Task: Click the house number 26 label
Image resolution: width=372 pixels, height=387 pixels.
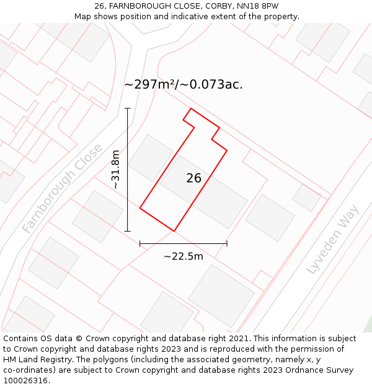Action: pos(193,178)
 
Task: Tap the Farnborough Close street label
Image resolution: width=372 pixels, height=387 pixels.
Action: pos(62,189)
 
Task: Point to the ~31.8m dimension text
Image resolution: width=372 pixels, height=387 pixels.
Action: pos(116,169)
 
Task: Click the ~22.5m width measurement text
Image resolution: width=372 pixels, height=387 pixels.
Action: pos(183,256)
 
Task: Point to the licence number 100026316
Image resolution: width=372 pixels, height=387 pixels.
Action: pos(25,381)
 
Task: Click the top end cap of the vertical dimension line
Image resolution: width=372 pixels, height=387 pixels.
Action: pos(128,108)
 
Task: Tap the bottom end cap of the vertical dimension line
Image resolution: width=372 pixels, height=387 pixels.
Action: pos(128,231)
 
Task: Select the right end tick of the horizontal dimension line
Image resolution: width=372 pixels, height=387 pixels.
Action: pos(227,243)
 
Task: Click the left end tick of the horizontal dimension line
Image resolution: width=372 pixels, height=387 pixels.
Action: pos(140,243)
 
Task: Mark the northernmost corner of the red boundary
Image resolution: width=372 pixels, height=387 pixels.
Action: pos(190,109)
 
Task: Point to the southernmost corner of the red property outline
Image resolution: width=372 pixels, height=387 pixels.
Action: pos(174,231)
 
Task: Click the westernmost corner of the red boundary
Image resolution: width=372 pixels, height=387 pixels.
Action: pos(140,208)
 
